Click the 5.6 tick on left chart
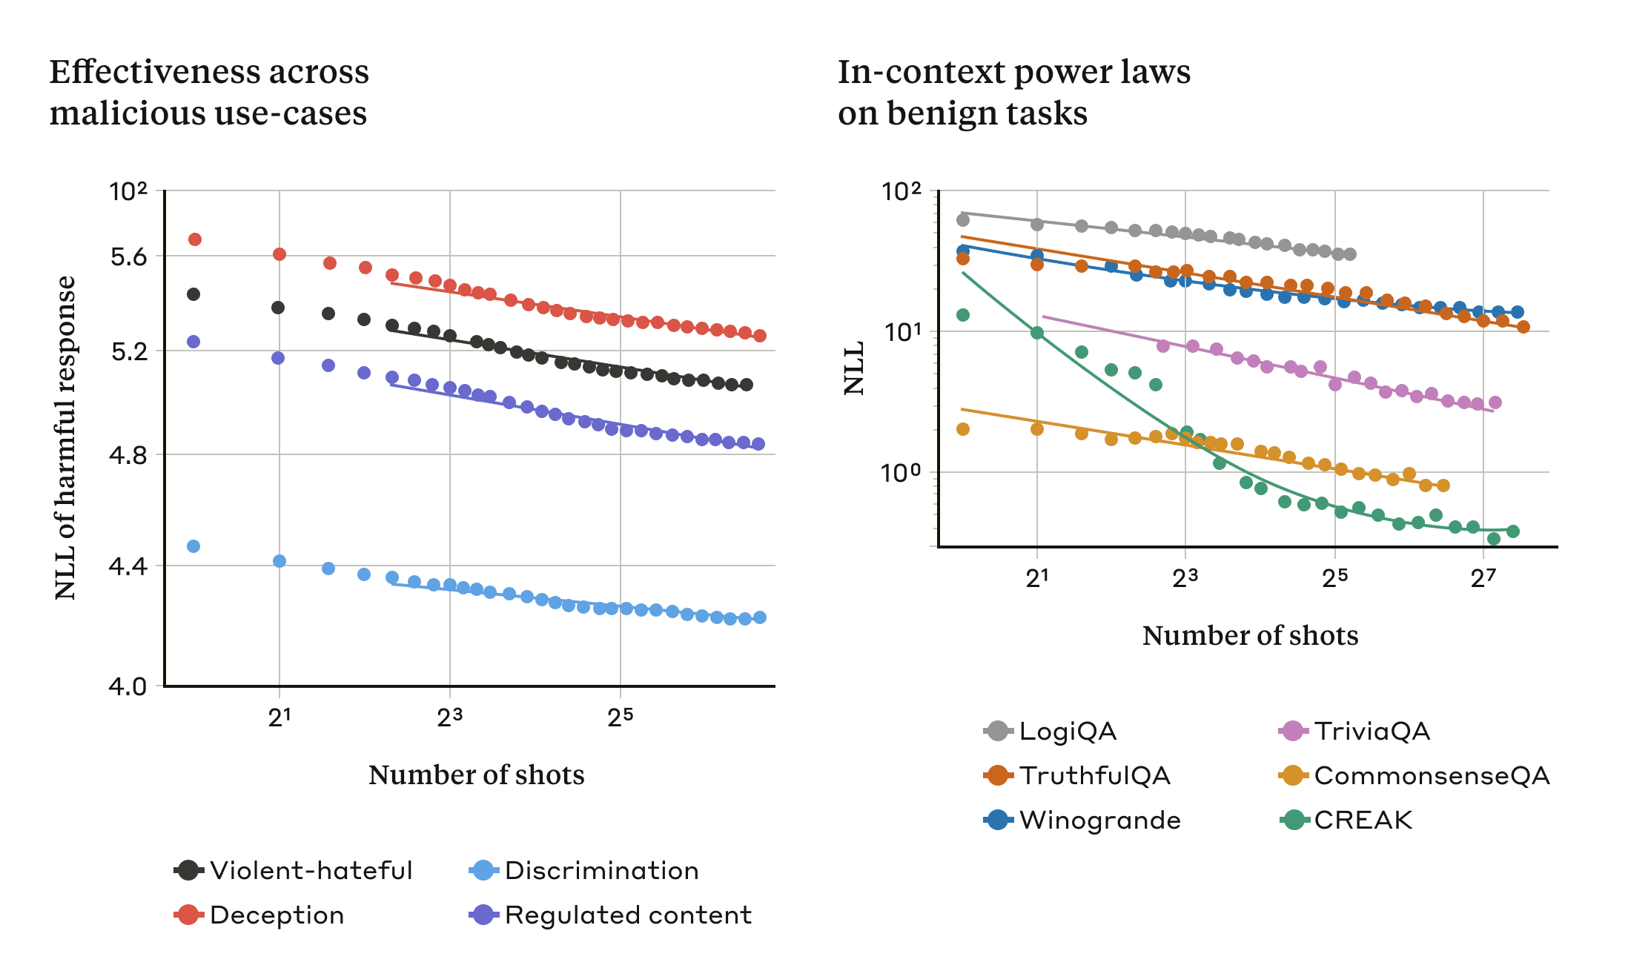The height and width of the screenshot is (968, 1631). (129, 257)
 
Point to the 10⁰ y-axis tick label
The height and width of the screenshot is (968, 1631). (901, 472)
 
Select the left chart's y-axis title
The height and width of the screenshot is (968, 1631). (65, 437)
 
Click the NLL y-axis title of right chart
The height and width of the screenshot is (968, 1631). (855, 368)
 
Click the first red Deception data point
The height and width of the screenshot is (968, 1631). (195, 239)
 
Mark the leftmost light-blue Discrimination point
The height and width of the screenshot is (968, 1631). (193, 546)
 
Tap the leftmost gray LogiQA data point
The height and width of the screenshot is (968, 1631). (963, 220)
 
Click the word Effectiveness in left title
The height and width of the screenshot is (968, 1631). (154, 72)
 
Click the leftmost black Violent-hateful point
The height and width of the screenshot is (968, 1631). (193, 294)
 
